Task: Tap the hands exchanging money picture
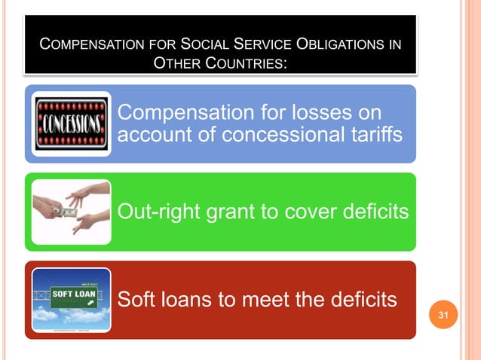(x=72, y=212)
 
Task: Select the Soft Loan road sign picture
(x=72, y=300)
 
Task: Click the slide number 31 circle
(x=444, y=314)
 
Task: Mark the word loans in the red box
(x=188, y=299)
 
